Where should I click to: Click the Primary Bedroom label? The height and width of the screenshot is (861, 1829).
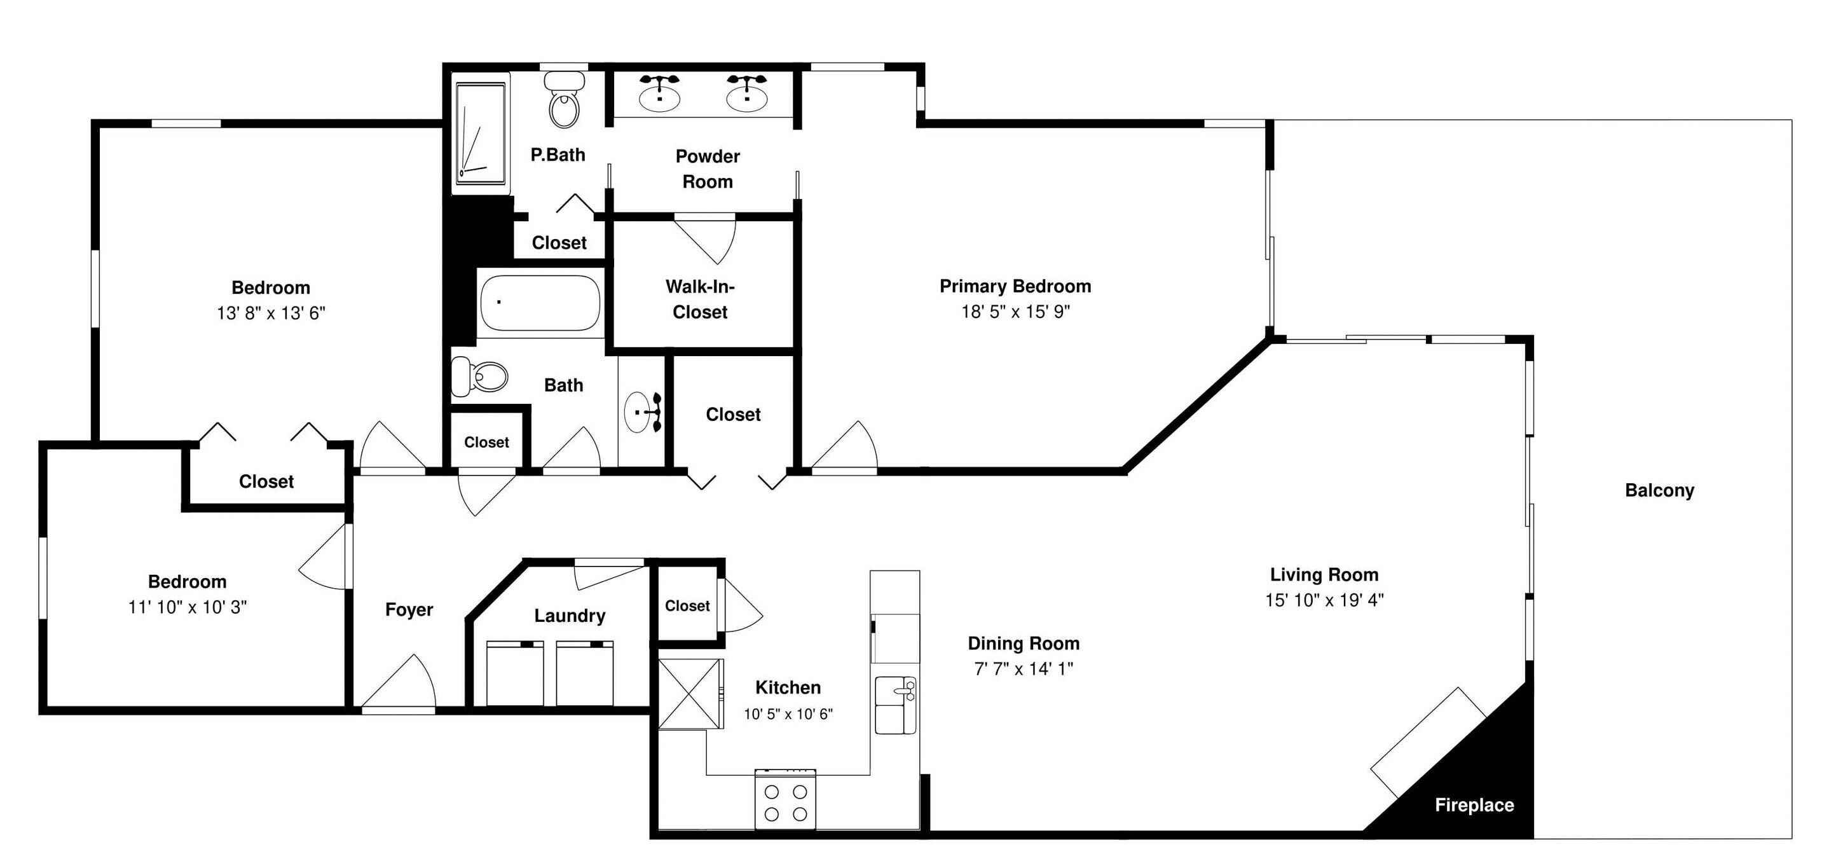(x=1015, y=286)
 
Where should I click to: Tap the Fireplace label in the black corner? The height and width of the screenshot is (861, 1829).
(x=1474, y=805)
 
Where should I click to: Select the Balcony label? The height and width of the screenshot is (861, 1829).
(x=1659, y=490)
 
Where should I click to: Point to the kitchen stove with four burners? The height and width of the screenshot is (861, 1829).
(x=784, y=799)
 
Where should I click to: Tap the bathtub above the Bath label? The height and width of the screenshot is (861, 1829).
(x=540, y=303)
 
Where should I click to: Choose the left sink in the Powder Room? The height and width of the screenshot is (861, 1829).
(x=660, y=93)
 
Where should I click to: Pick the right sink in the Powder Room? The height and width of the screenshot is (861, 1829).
(x=747, y=93)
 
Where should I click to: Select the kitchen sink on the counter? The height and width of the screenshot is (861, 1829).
(x=895, y=705)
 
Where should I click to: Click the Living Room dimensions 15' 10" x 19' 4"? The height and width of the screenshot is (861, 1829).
(x=1324, y=600)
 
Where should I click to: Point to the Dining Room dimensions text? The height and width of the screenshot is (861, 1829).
(x=1023, y=668)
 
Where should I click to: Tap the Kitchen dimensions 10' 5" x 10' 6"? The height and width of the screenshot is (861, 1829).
(x=788, y=714)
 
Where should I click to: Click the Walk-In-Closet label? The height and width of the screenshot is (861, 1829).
(x=700, y=299)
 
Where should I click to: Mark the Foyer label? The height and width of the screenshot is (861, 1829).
(x=409, y=610)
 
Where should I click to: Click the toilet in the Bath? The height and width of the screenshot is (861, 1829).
(x=480, y=376)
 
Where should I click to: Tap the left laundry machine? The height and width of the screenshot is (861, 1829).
(x=515, y=673)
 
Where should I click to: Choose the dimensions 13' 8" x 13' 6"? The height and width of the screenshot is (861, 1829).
(x=271, y=313)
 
